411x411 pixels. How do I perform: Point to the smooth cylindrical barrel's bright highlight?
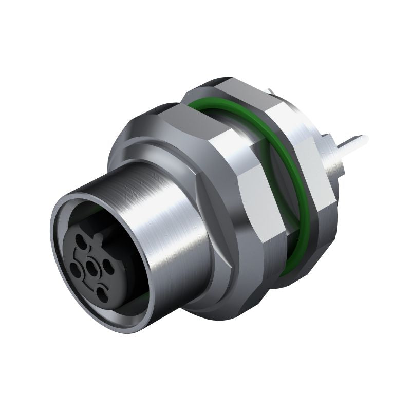(x=170, y=216)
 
